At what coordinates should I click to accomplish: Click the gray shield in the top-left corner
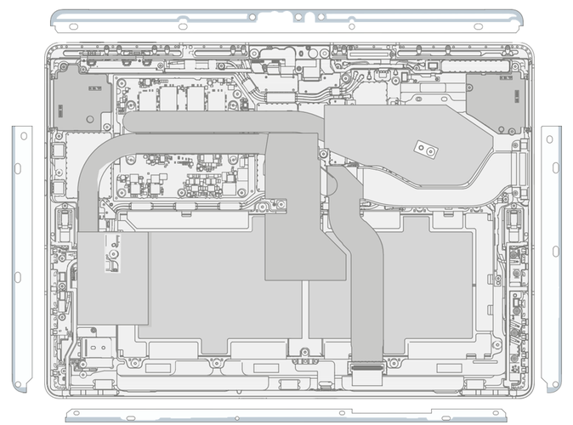click(x=82, y=99)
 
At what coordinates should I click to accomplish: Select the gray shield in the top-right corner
click(x=494, y=100)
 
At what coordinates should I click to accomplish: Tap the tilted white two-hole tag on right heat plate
click(x=424, y=150)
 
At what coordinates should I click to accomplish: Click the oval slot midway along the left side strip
click(x=17, y=277)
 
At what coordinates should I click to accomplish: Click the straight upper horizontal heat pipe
click(x=221, y=124)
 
